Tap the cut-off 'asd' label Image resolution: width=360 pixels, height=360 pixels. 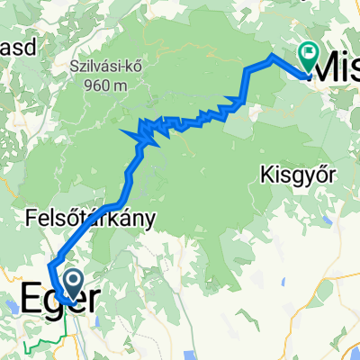point(17,49)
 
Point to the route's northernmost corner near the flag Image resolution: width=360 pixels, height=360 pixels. point(272,56)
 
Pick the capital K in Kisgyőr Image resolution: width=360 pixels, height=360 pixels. point(264,172)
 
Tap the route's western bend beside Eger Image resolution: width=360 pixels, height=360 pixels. point(49,268)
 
